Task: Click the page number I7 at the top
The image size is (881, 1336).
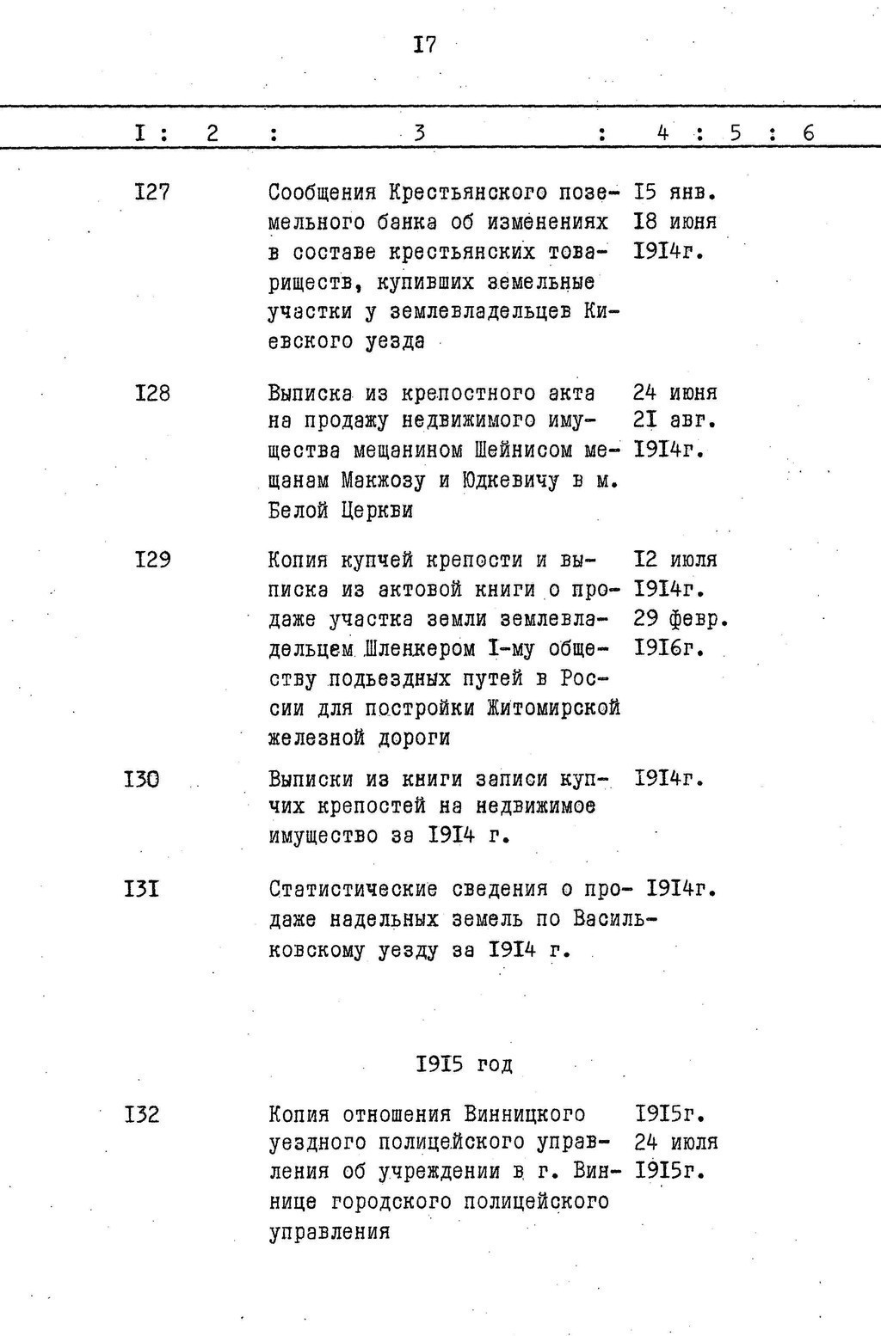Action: click(x=425, y=45)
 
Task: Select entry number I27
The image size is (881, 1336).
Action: click(x=151, y=193)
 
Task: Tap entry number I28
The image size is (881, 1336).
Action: click(x=151, y=393)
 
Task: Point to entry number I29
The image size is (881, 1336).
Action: click(x=151, y=560)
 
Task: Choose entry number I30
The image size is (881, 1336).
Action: click(x=142, y=779)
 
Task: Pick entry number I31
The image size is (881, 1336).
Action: click(x=142, y=888)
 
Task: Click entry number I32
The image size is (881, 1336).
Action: click(x=142, y=1115)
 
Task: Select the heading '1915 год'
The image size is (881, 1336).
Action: click(x=465, y=1064)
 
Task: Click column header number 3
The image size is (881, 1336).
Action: click(x=420, y=133)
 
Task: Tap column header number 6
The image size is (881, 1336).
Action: click(x=808, y=133)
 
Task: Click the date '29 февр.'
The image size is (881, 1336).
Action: click(x=681, y=619)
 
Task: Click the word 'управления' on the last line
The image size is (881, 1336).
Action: click(x=330, y=1232)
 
